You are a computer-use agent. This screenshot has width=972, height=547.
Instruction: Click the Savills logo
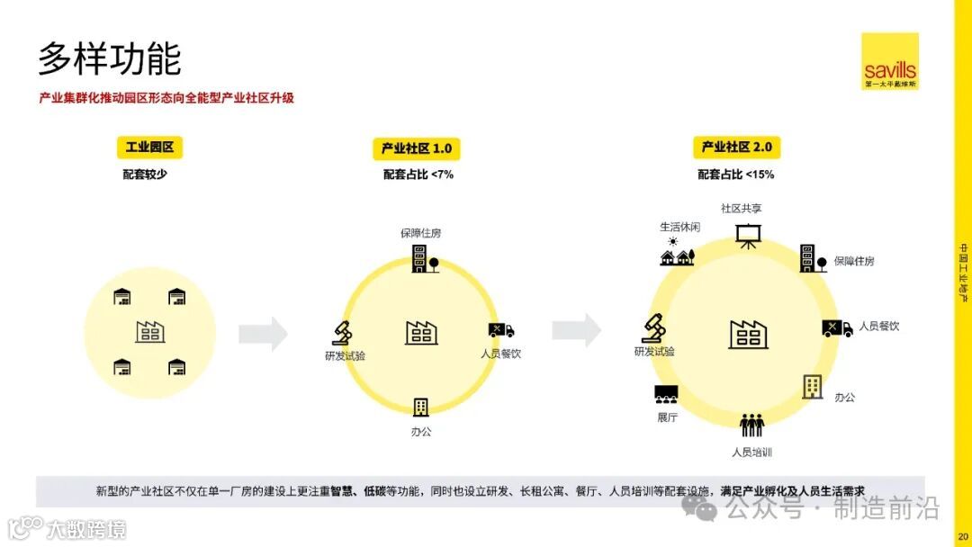point(889,61)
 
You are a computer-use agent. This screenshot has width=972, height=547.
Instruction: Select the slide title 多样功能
point(109,58)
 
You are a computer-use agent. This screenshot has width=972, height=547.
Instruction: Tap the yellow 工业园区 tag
point(149,147)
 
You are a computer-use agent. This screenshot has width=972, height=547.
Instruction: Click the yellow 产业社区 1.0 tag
point(416,148)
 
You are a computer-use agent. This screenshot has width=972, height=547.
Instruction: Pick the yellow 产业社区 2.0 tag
point(736,147)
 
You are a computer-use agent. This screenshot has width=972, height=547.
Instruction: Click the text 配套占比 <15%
point(736,175)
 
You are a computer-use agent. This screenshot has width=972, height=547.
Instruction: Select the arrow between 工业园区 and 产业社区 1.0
point(263,334)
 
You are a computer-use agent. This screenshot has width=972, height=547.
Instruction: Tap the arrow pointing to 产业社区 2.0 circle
point(576,330)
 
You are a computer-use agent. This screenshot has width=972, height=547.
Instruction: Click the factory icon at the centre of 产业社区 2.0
point(748,335)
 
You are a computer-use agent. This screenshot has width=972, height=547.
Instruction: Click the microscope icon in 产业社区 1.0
point(342,334)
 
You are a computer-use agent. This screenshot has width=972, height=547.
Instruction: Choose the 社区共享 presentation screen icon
point(747,234)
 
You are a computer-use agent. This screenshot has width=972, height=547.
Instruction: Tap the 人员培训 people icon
point(751,425)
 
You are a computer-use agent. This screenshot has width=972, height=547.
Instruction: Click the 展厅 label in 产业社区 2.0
point(667,417)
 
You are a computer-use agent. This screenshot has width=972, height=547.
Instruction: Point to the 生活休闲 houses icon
point(678,256)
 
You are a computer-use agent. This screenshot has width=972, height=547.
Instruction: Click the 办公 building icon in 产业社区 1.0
point(420,407)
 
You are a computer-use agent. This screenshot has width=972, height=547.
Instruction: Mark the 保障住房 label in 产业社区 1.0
point(421,233)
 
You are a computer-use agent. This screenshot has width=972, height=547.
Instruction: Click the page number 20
point(962,538)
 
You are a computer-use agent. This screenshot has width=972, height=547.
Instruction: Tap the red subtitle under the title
point(166,98)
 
